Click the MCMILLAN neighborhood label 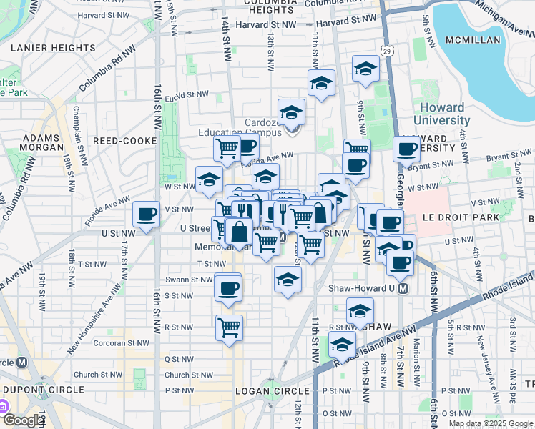473,41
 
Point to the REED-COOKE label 129,142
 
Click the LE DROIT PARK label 491,215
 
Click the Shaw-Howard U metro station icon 402,289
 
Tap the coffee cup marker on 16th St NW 147,214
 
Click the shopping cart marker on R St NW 229,327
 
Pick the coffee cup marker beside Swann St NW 228,288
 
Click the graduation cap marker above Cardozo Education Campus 291,112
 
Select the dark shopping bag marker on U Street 241,232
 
